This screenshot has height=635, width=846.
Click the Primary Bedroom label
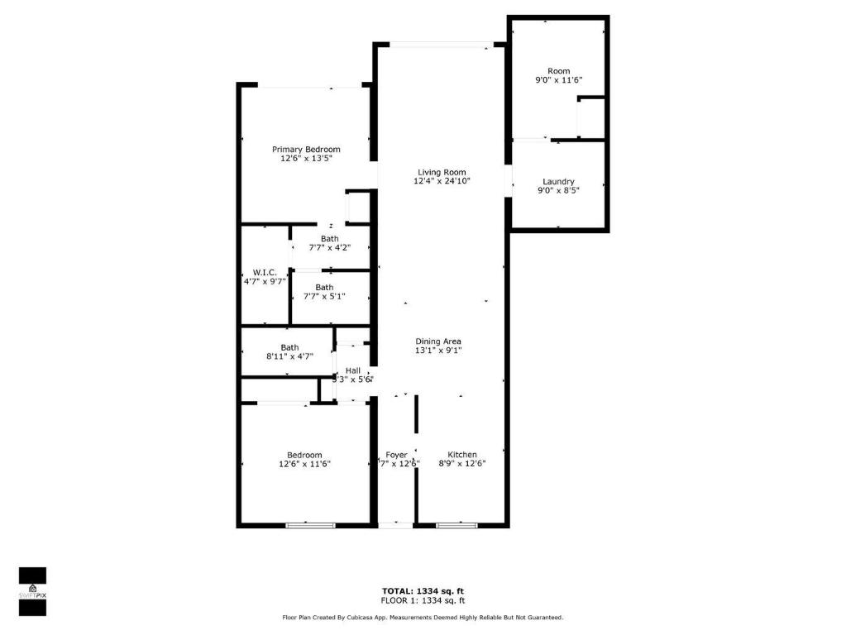pyautogui.click(x=306, y=150)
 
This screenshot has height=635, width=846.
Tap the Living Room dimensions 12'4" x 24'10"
pyautogui.click(x=442, y=181)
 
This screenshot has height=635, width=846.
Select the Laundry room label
pyautogui.click(x=558, y=182)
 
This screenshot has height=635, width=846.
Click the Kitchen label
pyautogui.click(x=462, y=455)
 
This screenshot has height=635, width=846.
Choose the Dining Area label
pyautogui.click(x=438, y=341)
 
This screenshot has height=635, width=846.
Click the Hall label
pyautogui.click(x=353, y=371)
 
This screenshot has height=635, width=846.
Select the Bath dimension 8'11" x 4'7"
pyautogui.click(x=289, y=356)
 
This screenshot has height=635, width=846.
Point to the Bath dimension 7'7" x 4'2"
pyautogui.click(x=329, y=247)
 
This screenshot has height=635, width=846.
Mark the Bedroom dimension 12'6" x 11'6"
pyautogui.click(x=304, y=464)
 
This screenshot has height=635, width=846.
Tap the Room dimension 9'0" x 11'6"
pyautogui.click(x=558, y=80)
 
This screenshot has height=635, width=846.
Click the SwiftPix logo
pyautogui.click(x=32, y=591)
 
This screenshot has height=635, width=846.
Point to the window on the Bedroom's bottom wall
pyautogui.click(x=310, y=524)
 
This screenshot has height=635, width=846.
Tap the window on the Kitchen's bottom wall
pyautogui.click(x=456, y=524)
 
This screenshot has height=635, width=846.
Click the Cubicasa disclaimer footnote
pyautogui.click(x=423, y=618)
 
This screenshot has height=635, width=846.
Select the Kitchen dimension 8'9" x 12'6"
pyautogui.click(x=461, y=464)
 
